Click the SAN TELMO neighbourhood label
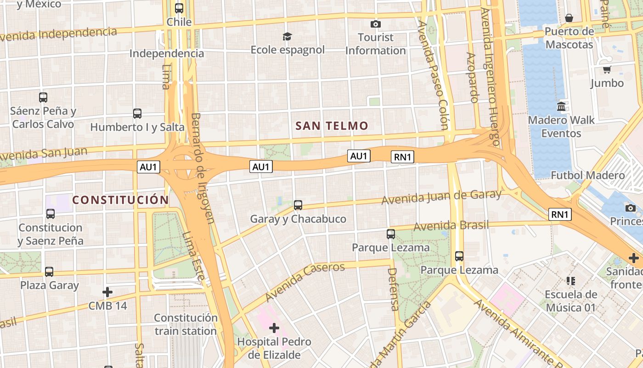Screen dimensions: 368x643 (x=332, y=126)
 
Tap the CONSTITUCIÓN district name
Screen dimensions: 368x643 (x=120, y=200)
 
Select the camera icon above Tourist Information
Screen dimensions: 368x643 (x=376, y=24)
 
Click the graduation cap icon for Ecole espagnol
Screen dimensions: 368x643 (x=288, y=36)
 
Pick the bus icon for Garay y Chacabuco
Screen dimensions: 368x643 (x=298, y=205)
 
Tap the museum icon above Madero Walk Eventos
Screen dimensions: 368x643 (x=561, y=107)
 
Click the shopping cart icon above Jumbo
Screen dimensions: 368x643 (x=607, y=69)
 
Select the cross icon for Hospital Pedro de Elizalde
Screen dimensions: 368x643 (x=274, y=328)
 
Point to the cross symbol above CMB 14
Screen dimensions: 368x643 (x=107, y=292)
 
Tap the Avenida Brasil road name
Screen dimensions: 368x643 (x=451, y=226)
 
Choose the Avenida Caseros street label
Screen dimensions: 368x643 (x=305, y=282)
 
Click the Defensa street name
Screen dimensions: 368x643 (x=393, y=289)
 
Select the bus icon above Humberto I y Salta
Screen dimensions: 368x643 (x=137, y=113)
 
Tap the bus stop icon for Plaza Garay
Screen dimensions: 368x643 (x=49, y=271)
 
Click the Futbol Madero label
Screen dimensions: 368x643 (x=587, y=175)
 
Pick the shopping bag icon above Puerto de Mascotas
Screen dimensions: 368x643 (x=569, y=18)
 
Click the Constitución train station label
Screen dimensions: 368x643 (x=186, y=324)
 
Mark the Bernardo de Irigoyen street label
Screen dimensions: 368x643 (x=202, y=168)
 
